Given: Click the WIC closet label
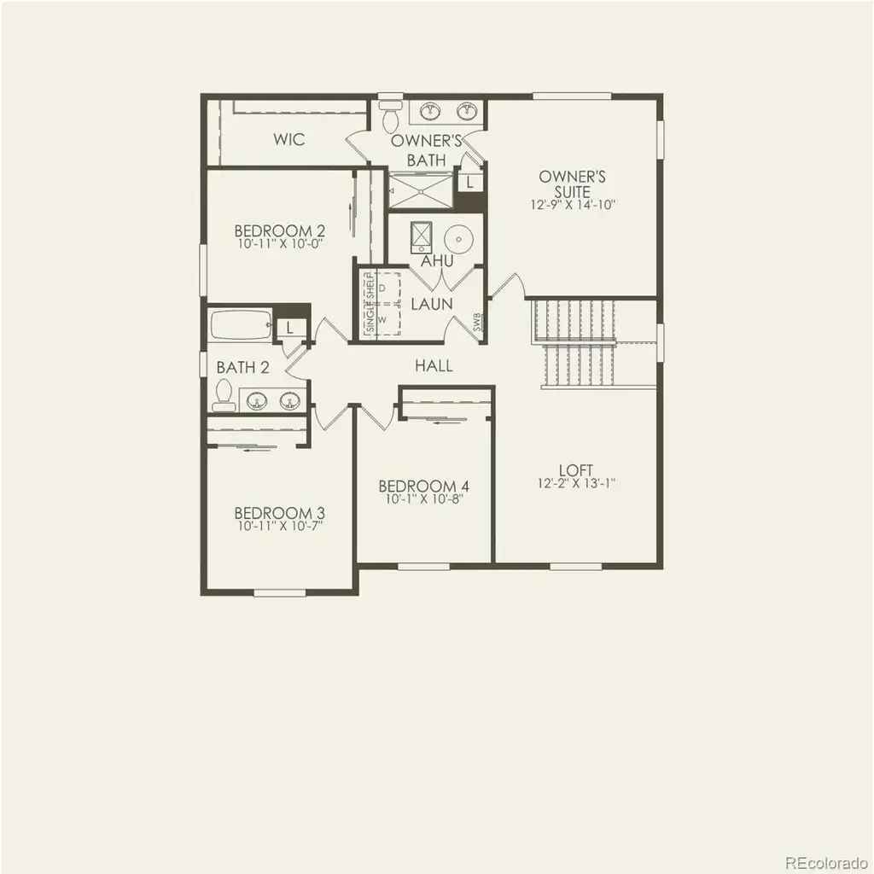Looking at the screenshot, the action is tap(288, 139).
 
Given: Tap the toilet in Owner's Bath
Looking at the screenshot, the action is tap(391, 114).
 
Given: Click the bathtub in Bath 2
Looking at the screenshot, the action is tap(240, 324).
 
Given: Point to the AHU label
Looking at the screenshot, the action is tap(437, 261).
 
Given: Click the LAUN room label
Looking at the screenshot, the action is tap(432, 304).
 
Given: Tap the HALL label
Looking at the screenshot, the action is tap(434, 365).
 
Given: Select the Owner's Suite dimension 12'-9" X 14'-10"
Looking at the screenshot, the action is tap(573, 205).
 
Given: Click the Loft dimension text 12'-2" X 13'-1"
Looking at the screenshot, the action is tap(576, 483).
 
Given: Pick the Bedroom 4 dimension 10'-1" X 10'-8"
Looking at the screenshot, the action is tap(424, 498).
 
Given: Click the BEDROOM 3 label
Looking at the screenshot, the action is tap(280, 513).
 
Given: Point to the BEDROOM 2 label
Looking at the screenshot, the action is tap(280, 230).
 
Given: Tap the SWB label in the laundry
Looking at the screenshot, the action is tap(477, 322).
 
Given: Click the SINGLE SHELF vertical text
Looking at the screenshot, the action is tap(370, 303).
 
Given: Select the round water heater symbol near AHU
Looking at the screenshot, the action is tap(458, 239).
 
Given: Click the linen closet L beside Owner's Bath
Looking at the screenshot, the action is tap(470, 182).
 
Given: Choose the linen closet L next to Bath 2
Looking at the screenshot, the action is tap(289, 328).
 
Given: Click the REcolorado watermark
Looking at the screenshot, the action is tap(826, 862).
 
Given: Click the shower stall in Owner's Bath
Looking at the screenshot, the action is tap(421, 190).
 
